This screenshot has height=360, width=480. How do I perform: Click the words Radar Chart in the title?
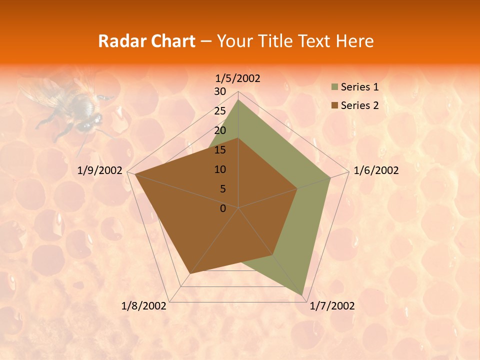coord(146,41)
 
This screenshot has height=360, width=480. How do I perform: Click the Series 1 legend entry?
coord(359,87)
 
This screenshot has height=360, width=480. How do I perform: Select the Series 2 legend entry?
coord(359,105)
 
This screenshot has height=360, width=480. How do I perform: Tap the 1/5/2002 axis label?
coord(238,78)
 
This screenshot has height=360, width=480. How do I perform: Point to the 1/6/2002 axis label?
coord(376,170)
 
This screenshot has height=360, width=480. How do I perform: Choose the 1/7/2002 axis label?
coord(332,306)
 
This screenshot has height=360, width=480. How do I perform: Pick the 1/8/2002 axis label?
coord(144,306)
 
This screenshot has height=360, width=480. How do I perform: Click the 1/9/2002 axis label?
coord(100,170)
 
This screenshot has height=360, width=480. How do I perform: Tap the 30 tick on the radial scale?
coord(220,91)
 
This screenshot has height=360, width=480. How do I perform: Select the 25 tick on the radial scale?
coord(220,111)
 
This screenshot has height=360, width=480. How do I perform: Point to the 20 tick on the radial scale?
coord(220,130)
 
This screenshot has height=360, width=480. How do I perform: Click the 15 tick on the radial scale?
coord(220,150)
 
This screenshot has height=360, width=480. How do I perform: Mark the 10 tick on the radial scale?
coord(220,169)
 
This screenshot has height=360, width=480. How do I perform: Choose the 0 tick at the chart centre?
coord(223,208)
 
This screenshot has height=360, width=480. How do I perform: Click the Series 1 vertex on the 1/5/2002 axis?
coord(238,100)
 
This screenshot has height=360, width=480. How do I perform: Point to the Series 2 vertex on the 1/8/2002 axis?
coord(189,274)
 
